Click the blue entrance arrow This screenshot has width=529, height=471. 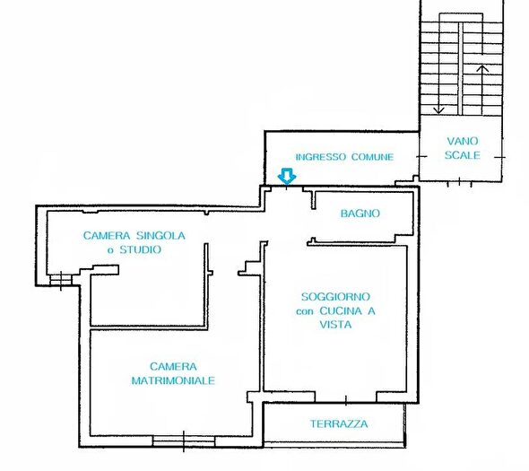(x=287, y=176)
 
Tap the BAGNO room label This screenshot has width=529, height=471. (x=360, y=214)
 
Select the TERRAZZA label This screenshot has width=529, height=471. (x=339, y=423)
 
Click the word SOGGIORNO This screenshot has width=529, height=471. (x=335, y=297)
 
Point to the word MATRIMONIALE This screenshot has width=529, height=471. (x=173, y=380)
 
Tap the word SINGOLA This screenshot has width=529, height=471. (x=160, y=235)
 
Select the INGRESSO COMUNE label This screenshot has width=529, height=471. (x=344, y=157)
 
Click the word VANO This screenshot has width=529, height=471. (x=462, y=141)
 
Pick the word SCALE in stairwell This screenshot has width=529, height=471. (x=462, y=155)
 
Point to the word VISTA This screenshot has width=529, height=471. (x=335, y=325)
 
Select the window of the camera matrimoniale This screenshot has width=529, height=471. (x=184, y=441)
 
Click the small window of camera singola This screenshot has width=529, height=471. (x=61, y=280)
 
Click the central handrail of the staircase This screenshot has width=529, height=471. (x=460, y=68)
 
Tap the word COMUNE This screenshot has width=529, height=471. (x=372, y=157)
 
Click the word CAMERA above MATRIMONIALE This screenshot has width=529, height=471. (x=173, y=366)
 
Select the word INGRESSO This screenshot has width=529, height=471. (x=320, y=157)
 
